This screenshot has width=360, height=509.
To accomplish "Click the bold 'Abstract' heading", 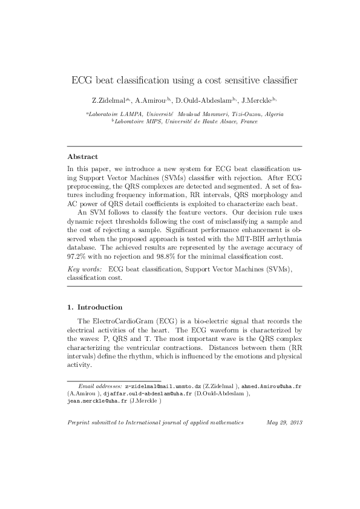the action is (82, 156).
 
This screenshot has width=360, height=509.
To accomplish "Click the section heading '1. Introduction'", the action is (94, 307).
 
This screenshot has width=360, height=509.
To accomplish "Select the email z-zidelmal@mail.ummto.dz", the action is (162, 385).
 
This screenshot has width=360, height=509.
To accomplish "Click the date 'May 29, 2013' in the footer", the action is (284, 423).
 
